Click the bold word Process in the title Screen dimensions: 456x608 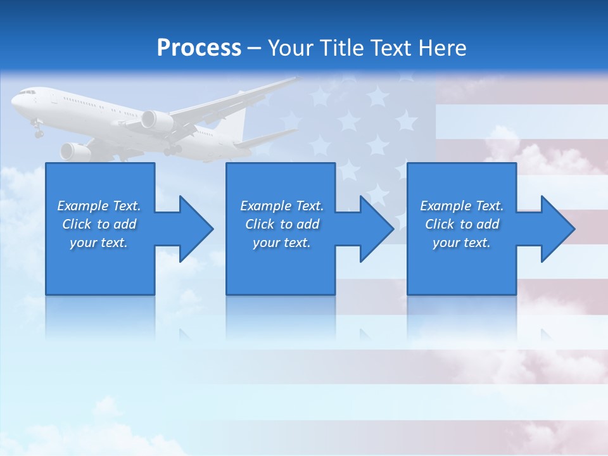point(199,48)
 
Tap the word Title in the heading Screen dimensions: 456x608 point(343,48)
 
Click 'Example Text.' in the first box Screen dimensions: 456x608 point(99,206)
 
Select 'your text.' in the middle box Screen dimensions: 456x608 point(281,243)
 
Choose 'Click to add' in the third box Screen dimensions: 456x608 point(462,224)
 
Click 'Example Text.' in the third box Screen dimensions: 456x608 point(462,206)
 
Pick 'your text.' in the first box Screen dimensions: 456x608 point(99,243)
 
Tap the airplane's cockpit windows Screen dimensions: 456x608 point(26,92)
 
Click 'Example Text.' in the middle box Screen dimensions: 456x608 point(281,206)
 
